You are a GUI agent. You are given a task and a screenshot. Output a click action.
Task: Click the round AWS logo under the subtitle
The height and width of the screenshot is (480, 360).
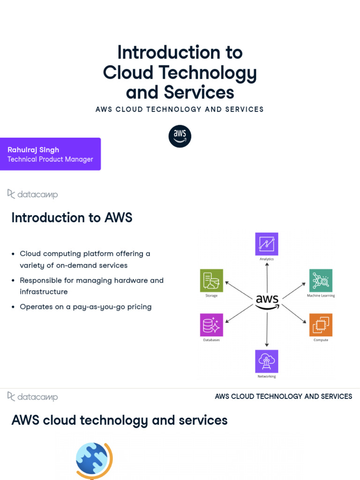pyautogui.click(x=180, y=136)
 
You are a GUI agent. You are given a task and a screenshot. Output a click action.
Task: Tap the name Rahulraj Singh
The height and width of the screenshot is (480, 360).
pyautogui.click(x=33, y=150)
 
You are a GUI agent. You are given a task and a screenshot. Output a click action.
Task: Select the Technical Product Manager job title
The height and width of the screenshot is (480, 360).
pyautogui.click(x=50, y=159)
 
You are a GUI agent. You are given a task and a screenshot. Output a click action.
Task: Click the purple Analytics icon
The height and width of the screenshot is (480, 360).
pyautogui.click(x=267, y=244)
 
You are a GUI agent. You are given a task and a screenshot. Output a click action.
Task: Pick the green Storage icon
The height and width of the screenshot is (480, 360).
pyautogui.click(x=211, y=281)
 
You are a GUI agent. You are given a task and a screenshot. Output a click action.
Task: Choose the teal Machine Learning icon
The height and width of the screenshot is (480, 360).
pyautogui.click(x=321, y=281)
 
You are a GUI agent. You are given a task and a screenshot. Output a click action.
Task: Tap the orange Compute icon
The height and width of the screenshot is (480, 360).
pyautogui.click(x=321, y=325)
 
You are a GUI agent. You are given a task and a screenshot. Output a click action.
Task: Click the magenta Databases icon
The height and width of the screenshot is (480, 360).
pyautogui.click(x=211, y=325)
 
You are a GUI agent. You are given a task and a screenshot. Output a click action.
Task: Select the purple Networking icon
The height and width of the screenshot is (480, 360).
pyautogui.click(x=267, y=361)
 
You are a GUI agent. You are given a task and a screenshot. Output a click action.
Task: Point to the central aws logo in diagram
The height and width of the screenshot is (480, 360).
pyautogui.click(x=267, y=301)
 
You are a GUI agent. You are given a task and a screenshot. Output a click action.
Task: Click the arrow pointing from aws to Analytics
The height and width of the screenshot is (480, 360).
pyautogui.click(x=267, y=277)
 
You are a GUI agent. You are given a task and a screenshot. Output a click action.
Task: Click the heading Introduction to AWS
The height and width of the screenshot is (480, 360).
pyautogui.click(x=72, y=218)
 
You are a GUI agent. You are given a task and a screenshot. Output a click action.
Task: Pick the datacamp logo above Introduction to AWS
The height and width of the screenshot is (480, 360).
pyautogui.click(x=33, y=194)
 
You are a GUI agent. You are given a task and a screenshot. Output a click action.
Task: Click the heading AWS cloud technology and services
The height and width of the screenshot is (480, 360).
pyautogui.click(x=119, y=420)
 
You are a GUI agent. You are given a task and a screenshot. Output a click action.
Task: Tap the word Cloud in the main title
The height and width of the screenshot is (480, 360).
pyautogui.click(x=128, y=73)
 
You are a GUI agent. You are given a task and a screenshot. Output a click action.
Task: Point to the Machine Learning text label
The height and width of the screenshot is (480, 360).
pyautogui.click(x=321, y=296)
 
